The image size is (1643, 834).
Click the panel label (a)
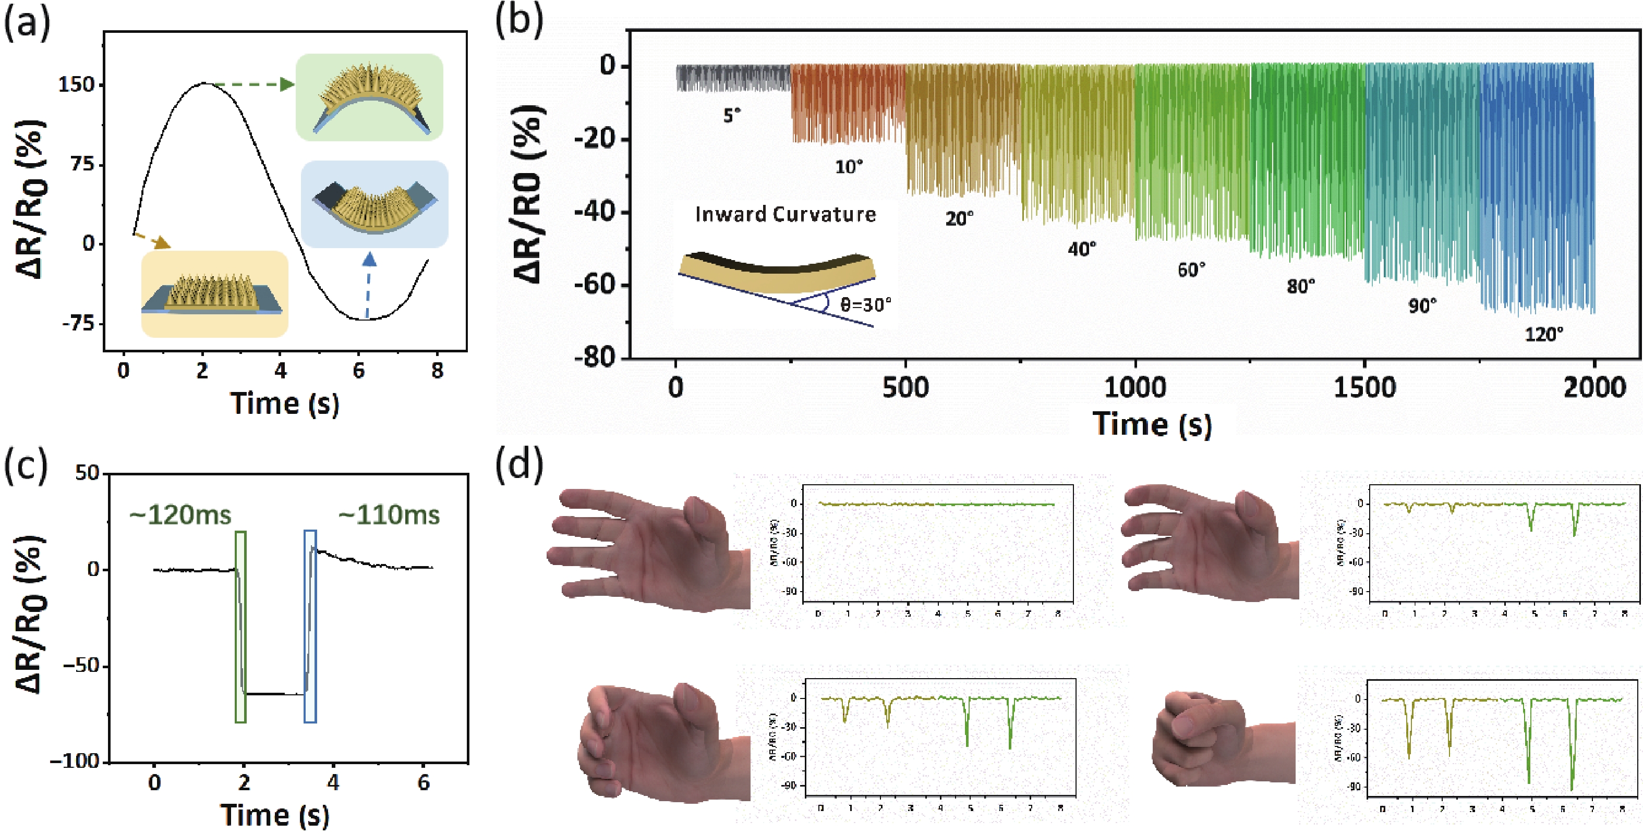click(x=27, y=24)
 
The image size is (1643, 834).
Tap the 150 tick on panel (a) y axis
click(x=76, y=85)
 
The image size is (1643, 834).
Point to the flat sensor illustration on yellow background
click(x=214, y=295)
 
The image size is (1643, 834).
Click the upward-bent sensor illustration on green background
click(x=369, y=97)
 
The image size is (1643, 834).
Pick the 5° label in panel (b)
click(x=732, y=115)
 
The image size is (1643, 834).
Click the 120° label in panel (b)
click(x=1543, y=334)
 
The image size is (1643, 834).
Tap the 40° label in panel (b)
click(x=1082, y=249)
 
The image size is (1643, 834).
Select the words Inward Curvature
click(x=785, y=214)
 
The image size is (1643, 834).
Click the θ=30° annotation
click(x=865, y=305)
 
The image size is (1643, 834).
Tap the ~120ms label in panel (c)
click(x=180, y=515)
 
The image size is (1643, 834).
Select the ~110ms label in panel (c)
click(x=389, y=515)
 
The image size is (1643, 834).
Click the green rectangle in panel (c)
click(x=240, y=626)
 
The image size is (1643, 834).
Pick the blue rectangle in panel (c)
click(x=310, y=626)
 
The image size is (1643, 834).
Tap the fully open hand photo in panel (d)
click(x=647, y=549)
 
